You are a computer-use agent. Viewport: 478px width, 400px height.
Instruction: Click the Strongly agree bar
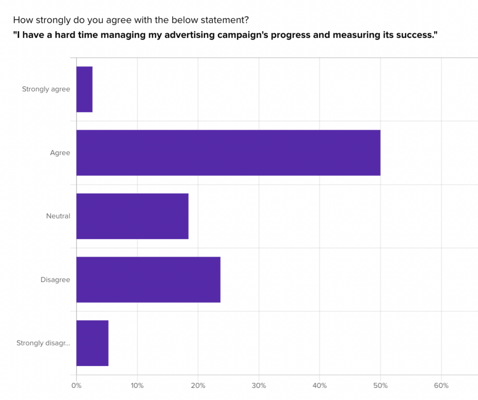[x=84, y=89]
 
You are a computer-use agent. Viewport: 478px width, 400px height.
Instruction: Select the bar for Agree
[x=228, y=153]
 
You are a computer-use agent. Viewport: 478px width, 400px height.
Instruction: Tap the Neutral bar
[x=133, y=216]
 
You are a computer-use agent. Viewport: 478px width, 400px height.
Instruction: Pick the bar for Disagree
[x=148, y=280]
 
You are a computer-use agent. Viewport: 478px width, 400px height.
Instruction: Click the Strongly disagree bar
[x=92, y=343]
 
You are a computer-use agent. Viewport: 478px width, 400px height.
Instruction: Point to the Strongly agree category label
[x=46, y=89]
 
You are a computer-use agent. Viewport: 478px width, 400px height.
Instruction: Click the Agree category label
[x=60, y=153]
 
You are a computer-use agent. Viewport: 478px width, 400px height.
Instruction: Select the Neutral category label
[x=58, y=216]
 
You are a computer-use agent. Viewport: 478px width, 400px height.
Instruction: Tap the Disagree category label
[x=55, y=280]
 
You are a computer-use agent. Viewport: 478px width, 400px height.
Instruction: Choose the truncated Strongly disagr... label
[x=43, y=343]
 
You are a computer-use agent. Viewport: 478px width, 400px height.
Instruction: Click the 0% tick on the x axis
[x=76, y=386]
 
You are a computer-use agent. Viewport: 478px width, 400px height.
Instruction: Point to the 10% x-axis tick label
[x=137, y=386]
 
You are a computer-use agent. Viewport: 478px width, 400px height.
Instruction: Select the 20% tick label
[x=198, y=386]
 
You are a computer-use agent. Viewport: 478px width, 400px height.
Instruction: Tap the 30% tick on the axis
[x=259, y=386]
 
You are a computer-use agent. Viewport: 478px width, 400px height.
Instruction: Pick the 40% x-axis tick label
[x=319, y=386]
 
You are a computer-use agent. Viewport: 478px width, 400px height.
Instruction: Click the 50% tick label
[x=380, y=386]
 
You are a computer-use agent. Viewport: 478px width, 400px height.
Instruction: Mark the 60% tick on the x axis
[x=441, y=386]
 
